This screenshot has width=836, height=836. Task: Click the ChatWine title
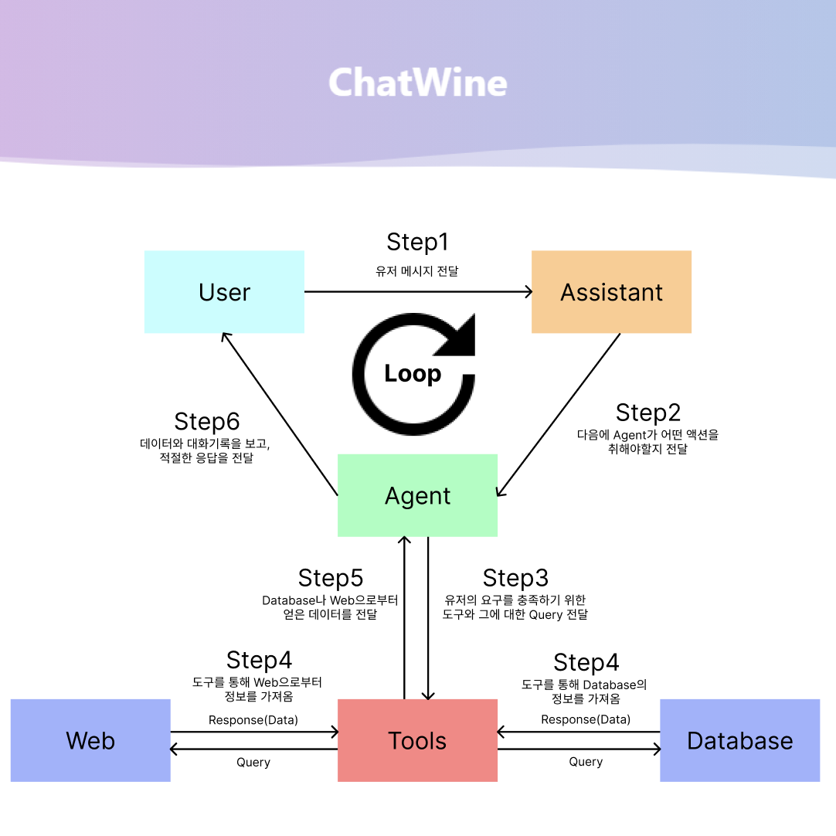(418, 83)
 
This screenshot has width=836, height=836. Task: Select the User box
(224, 292)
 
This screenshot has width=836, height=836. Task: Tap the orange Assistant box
(611, 292)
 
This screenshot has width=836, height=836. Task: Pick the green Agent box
(417, 495)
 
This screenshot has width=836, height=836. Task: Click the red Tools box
(417, 740)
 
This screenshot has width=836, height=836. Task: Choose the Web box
(90, 740)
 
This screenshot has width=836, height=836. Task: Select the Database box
(739, 740)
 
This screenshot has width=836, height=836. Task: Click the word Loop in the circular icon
(413, 374)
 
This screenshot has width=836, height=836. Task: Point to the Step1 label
(417, 242)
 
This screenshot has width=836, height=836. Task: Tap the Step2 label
(647, 413)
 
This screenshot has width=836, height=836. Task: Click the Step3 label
(515, 578)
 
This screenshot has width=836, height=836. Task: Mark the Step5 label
(331, 578)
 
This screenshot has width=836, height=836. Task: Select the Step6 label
(206, 422)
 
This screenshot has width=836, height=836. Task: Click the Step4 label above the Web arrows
(259, 661)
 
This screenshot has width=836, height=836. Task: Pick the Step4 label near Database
(586, 663)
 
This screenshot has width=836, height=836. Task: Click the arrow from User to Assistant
(417, 292)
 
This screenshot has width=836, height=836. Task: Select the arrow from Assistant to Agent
(559, 415)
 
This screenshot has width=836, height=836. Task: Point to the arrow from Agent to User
(280, 414)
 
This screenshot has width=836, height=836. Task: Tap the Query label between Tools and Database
(586, 762)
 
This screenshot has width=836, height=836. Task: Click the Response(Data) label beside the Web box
(253, 720)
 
